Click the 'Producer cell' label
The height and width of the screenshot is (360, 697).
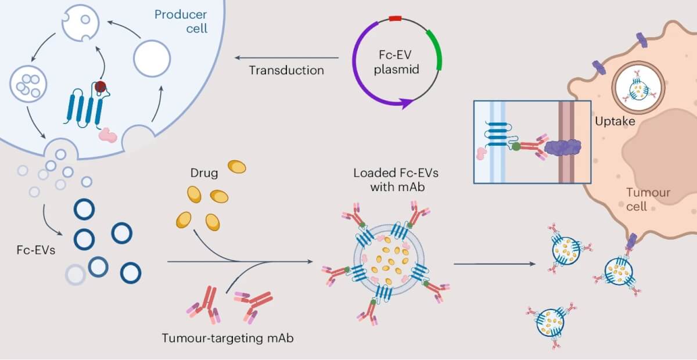[x=180, y=21]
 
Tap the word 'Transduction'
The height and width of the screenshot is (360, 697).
[x=286, y=70]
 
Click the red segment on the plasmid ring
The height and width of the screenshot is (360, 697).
[x=396, y=19]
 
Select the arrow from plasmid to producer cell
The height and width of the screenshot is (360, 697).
[x=286, y=57]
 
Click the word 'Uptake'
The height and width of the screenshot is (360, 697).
[x=615, y=122]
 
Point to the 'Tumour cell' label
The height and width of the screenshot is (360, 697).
[x=648, y=199]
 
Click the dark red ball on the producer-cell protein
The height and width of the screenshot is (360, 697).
[x=101, y=87]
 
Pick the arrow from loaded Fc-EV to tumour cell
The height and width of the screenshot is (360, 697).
[x=494, y=265]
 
